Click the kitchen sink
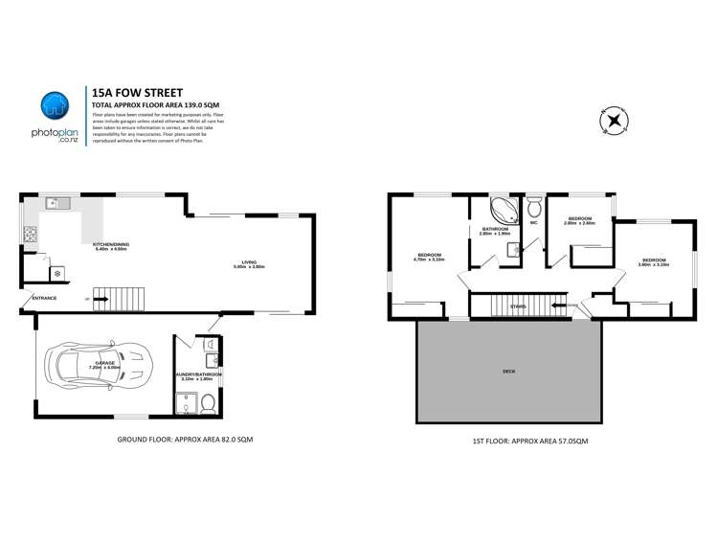click(x=57, y=203)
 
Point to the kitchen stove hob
click(x=30, y=234)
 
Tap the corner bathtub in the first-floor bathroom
click(x=502, y=211)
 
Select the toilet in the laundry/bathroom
click(x=208, y=404)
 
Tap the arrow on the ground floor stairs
click(x=100, y=299)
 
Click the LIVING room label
click(x=248, y=261)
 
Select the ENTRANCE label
click(x=44, y=298)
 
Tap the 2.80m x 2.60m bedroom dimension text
click(x=579, y=223)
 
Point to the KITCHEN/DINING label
click(x=111, y=245)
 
